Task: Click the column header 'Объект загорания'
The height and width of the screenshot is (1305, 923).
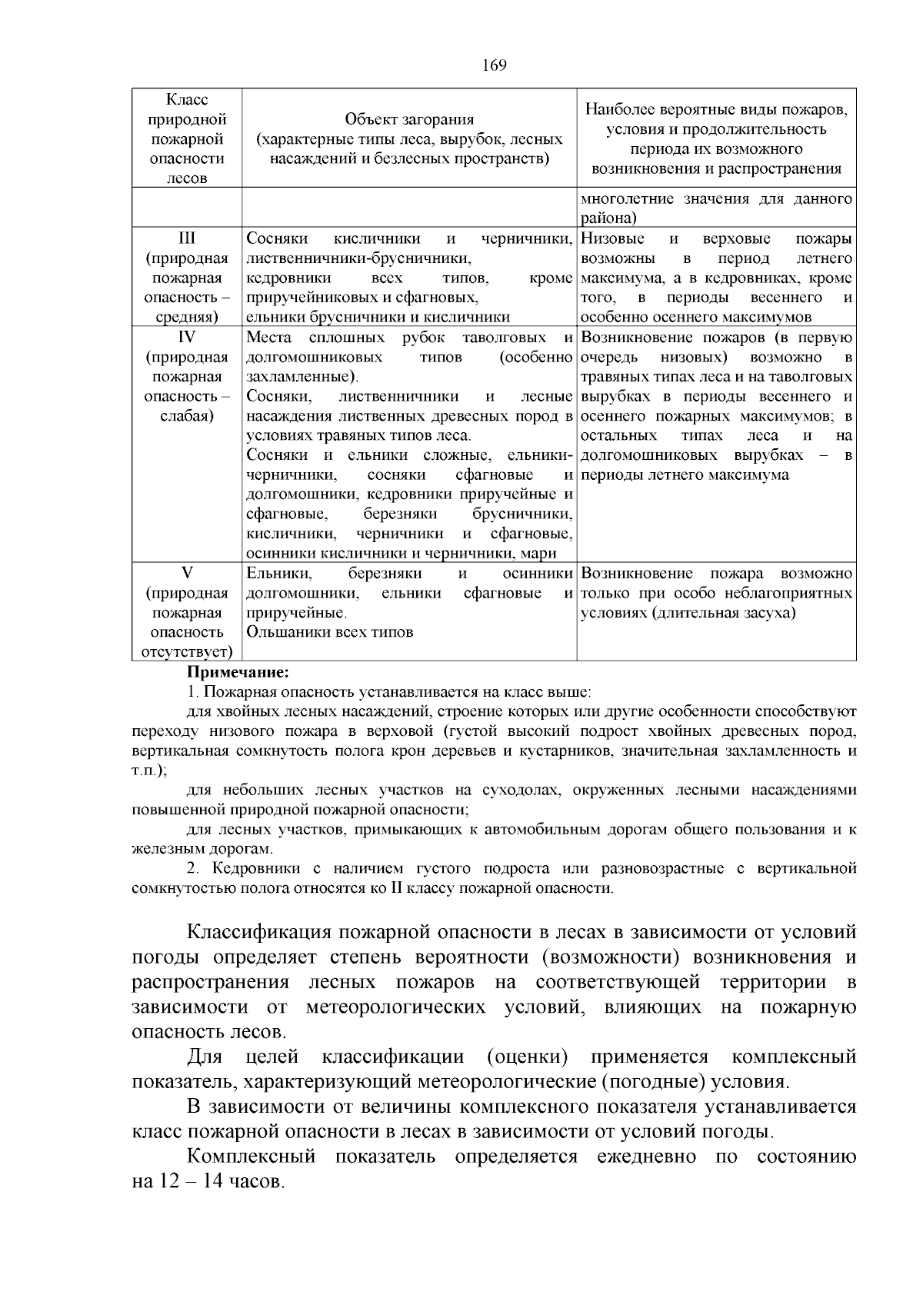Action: click(409, 119)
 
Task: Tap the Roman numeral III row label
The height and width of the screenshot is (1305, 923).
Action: click(187, 238)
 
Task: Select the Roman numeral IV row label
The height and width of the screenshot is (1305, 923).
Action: click(187, 338)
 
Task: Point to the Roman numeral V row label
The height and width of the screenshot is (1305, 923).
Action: click(187, 574)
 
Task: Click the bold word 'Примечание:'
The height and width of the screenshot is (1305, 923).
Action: click(238, 673)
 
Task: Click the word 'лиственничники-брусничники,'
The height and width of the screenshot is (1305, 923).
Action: click(358, 258)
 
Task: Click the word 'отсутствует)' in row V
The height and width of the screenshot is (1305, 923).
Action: click(187, 652)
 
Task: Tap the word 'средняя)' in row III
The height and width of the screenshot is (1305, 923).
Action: click(187, 317)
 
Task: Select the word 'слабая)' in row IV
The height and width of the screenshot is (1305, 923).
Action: click(187, 416)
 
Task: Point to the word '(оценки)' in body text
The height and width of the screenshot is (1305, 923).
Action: click(528, 1057)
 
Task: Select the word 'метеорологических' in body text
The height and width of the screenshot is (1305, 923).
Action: click(395, 1007)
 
